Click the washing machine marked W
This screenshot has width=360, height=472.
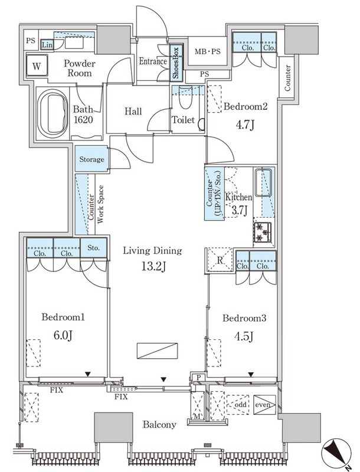[x=37, y=65]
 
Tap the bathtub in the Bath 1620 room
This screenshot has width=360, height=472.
[x=53, y=112]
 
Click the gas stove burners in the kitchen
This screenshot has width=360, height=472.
[x=263, y=232]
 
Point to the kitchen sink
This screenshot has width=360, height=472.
[x=263, y=182]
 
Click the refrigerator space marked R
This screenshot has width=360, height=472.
[x=220, y=260]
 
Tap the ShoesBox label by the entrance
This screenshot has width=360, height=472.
[x=176, y=63]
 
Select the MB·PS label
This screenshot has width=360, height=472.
[x=207, y=51]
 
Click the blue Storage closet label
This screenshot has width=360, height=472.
[x=91, y=159]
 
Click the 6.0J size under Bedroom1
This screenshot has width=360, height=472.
[x=63, y=335]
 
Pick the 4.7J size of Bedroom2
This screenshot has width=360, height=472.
[x=245, y=124]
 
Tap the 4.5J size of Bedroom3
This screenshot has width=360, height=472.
[x=244, y=336]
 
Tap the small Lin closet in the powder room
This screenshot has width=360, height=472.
[x=47, y=45]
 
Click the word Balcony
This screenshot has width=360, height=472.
[x=159, y=425]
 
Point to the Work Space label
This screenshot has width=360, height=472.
[x=100, y=204]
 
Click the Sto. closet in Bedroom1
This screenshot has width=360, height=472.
[x=94, y=248]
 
